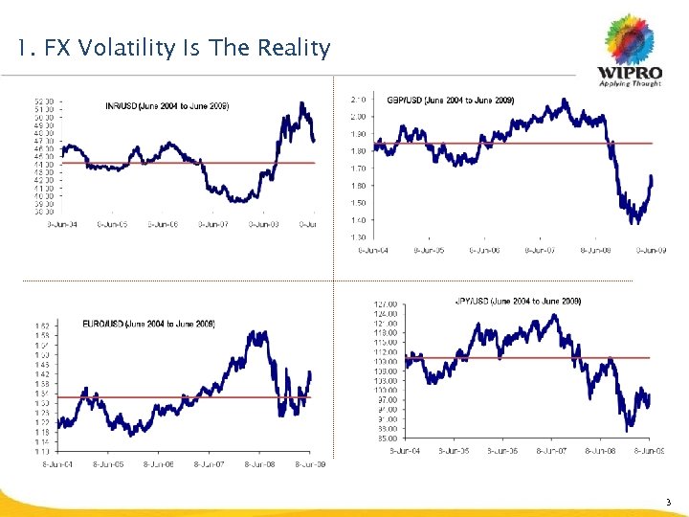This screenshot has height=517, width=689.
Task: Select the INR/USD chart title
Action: (167, 105)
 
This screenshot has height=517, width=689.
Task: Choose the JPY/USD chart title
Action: (518, 302)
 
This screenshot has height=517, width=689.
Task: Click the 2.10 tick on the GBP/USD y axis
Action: (359, 99)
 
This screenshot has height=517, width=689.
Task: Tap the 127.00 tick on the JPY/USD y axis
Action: (388, 304)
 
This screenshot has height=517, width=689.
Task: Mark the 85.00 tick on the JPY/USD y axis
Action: (388, 438)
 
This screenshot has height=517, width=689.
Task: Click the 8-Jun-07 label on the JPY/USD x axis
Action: (554, 450)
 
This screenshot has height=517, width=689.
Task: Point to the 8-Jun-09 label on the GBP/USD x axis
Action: (652, 251)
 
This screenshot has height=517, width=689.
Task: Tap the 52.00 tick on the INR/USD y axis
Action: (43, 101)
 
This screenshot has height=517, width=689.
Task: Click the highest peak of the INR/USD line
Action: (302, 102)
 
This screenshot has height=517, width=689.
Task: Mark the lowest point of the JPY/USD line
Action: (628, 431)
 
